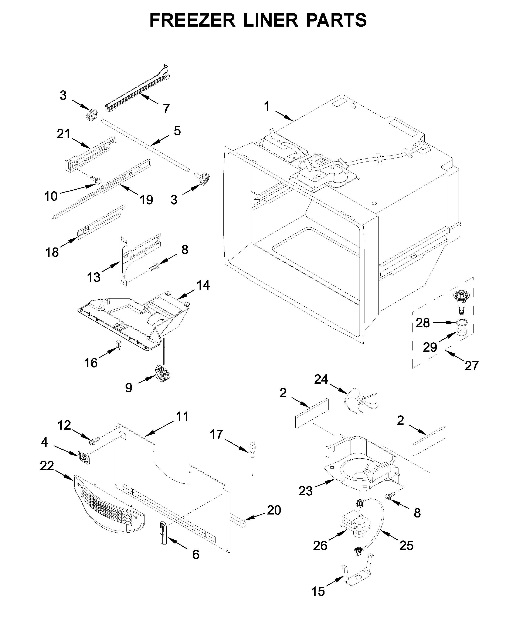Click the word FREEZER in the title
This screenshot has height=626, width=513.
192,20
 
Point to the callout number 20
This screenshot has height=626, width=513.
274,510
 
